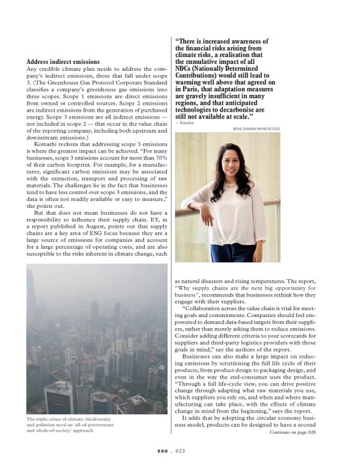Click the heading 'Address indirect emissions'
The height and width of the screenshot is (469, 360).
[x=63, y=62]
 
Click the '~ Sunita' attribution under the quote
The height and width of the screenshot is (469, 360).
[x=184, y=123]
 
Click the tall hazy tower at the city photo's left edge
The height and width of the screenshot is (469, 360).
[x=31, y=298]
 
